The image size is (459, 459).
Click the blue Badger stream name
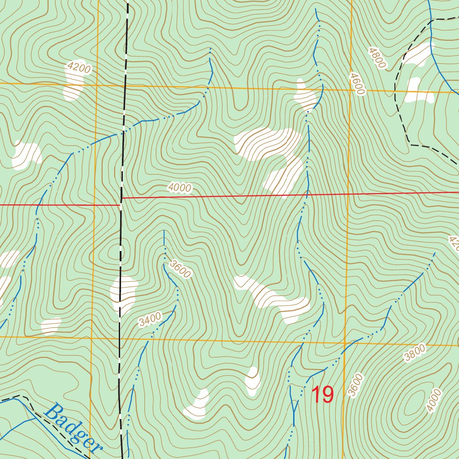(x=74, y=428)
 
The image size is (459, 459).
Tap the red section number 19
(x=322, y=395)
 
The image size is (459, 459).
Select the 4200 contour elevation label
(x=78, y=69)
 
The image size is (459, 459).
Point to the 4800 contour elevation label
(x=377, y=58)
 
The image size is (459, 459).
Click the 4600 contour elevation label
(x=358, y=84)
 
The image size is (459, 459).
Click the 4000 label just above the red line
(x=180, y=188)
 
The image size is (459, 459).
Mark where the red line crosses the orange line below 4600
(x=348, y=194)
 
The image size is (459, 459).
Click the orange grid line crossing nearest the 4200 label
(x=96, y=84)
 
